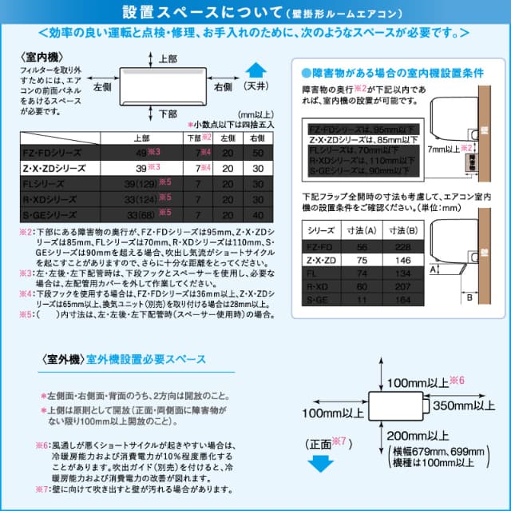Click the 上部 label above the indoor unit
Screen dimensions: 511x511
[168, 59]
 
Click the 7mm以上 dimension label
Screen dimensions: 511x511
[442, 149]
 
